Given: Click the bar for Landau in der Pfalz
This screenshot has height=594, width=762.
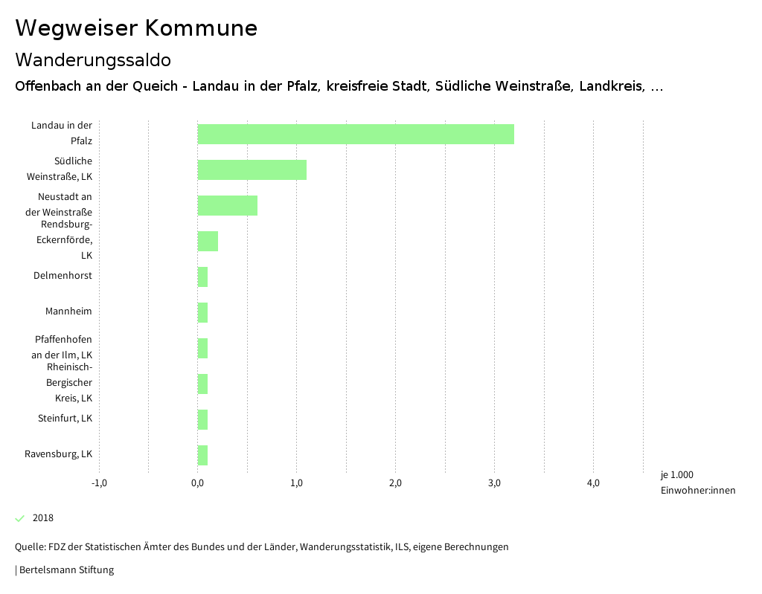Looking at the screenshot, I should coord(356,134).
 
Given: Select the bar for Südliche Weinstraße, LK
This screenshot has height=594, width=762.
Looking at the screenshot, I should coord(252,170).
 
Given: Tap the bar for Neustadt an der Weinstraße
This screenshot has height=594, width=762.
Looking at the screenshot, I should coord(227,205).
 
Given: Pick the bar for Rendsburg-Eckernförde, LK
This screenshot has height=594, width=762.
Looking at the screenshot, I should coord(208,241).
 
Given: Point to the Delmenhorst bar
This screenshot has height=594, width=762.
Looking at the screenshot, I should coord(202,277).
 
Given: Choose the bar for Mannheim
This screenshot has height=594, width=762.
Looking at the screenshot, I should coord(202,312).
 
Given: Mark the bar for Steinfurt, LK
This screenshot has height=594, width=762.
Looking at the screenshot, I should coord(202,419).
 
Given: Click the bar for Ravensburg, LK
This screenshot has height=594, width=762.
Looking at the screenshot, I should coord(202,455).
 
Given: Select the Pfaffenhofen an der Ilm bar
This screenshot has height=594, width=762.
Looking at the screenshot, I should coord(202,348).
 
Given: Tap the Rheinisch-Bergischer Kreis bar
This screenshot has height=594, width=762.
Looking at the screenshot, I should coord(202,384).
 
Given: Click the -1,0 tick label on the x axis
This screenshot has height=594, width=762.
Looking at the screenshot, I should coord(99,483).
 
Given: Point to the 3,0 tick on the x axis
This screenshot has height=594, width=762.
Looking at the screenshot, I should coord(494,483).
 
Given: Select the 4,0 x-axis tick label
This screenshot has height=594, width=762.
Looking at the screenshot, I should coord(593,483).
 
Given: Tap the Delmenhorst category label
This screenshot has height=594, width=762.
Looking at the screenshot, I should coord(63,276).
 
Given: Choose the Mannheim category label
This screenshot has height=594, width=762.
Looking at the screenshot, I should coord(68,311).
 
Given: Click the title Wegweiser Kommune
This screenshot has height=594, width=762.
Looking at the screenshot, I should coord(136,28).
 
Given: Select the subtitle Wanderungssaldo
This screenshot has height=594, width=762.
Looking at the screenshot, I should coord(93,59).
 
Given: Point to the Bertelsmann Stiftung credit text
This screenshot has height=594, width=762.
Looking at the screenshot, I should coord(66,570).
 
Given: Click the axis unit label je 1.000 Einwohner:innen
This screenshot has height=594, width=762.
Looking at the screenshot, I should coord(697,482).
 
